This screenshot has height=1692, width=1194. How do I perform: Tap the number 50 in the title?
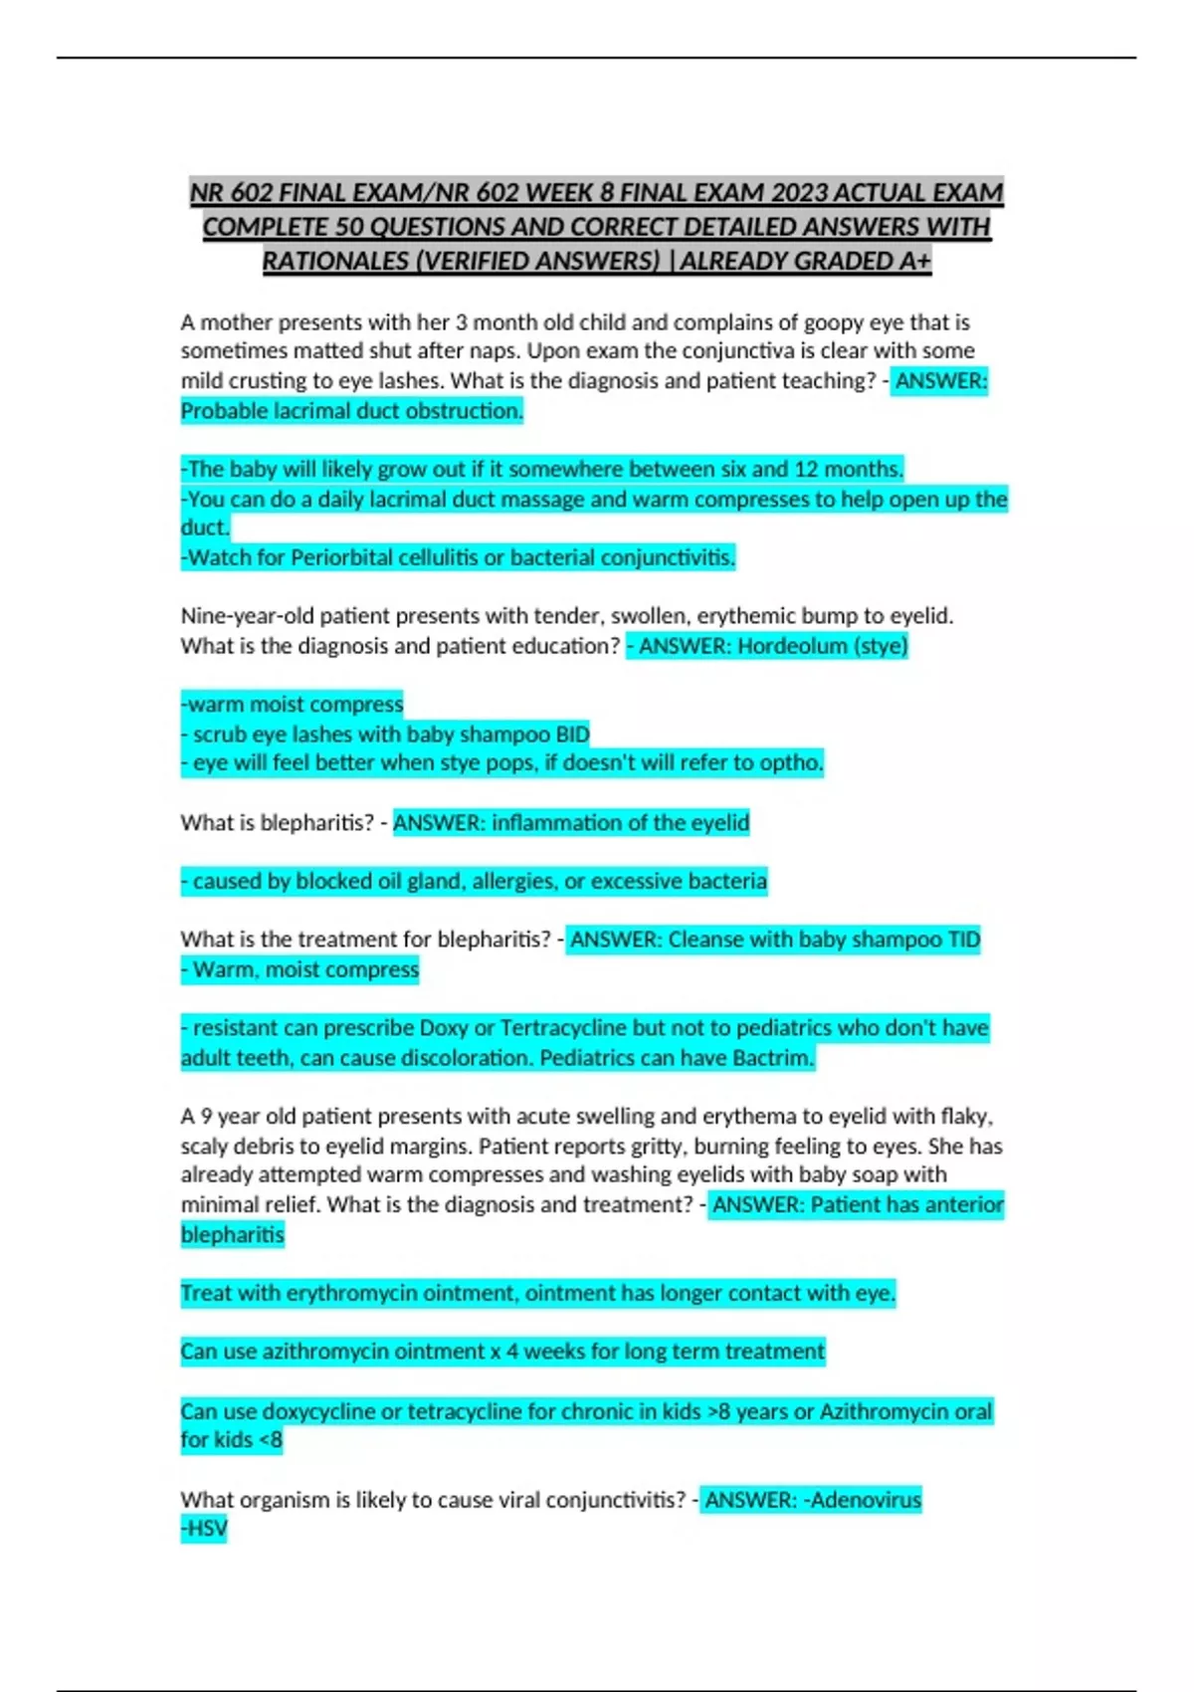348,227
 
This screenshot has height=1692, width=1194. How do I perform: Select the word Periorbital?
341,557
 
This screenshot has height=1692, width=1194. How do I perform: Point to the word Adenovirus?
866,1500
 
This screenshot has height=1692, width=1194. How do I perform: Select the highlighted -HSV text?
204,1529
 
